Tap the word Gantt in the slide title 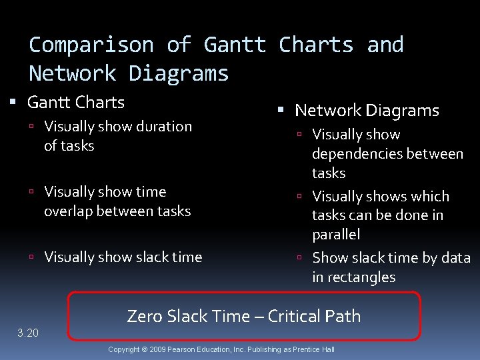tap(235, 45)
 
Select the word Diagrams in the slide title tap(179, 73)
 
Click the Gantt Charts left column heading tap(76, 103)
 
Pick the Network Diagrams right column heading tap(367, 110)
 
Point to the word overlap tap(71, 211)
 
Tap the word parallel tap(336, 235)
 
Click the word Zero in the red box tap(143, 316)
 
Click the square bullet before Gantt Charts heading tap(13, 103)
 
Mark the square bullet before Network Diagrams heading tap(281, 111)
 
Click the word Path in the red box tap(346, 316)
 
